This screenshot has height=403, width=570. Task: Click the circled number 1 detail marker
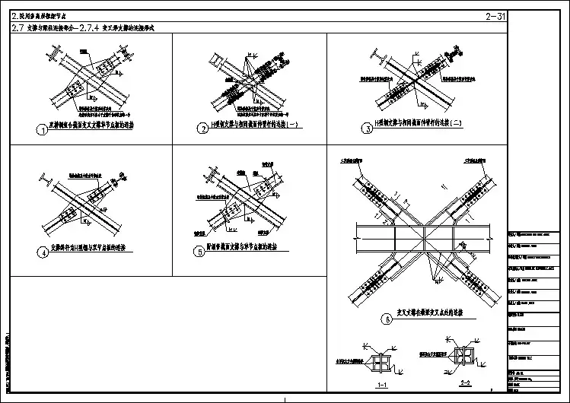tap(43, 129)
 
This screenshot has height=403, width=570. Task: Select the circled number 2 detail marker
tap(203, 129)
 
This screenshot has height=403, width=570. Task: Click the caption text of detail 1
tap(91, 128)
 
